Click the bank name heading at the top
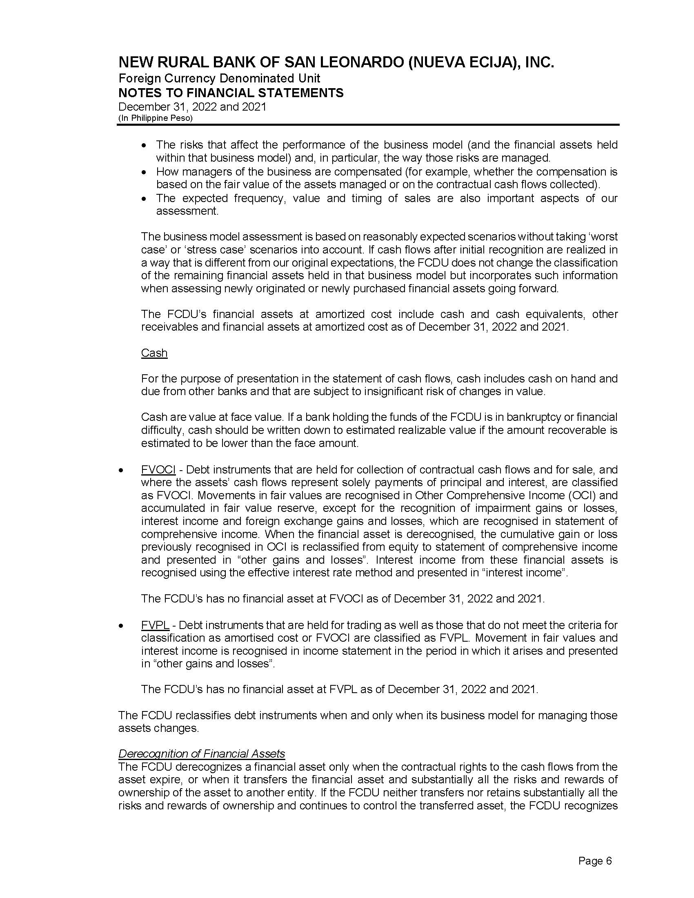[x=336, y=62]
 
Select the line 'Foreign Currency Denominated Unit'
[x=219, y=78]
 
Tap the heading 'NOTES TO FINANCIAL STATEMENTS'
[x=231, y=93]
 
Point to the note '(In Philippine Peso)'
[x=156, y=118]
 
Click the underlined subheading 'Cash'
[x=154, y=353]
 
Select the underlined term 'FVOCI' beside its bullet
[x=158, y=469]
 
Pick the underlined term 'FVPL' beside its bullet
[x=155, y=625]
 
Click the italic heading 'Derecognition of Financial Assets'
[x=201, y=753]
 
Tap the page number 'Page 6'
[x=595, y=860]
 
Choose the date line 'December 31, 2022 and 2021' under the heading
[x=192, y=107]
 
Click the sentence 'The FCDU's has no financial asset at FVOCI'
[x=343, y=598]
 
